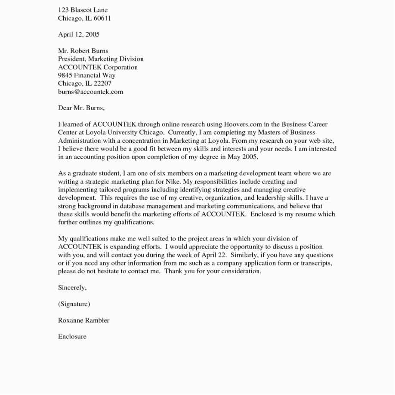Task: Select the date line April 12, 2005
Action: coord(79,34)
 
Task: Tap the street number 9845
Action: coord(65,75)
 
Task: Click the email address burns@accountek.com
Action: coord(90,92)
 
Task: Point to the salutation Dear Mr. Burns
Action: coord(81,108)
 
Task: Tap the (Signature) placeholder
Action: coord(74,304)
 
